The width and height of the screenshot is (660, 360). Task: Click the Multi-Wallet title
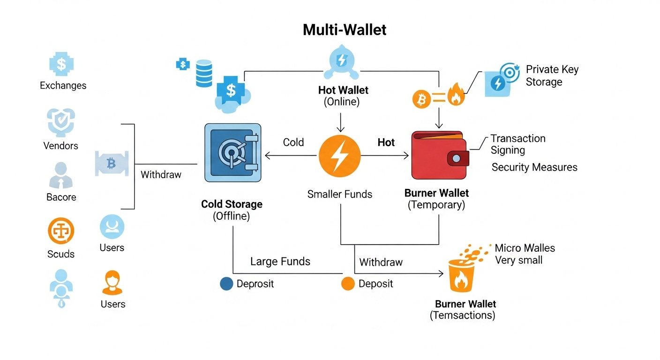[345, 30]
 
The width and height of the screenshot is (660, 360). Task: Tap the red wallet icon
[439, 155]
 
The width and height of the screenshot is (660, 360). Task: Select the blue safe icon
[232, 152]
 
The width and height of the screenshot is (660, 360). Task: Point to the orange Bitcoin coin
[421, 98]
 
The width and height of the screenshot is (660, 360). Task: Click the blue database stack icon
[204, 73]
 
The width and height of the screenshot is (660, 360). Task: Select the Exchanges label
[63, 85]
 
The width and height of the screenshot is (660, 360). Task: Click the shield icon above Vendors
[61, 122]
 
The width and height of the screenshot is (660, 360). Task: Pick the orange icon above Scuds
[61, 231]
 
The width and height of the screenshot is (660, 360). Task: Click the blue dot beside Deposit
[226, 284]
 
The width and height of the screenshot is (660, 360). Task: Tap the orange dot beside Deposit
[348, 284]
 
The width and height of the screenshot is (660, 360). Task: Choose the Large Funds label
[280, 261]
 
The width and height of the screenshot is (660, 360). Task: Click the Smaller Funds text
[339, 194]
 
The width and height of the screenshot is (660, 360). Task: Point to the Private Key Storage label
[552, 75]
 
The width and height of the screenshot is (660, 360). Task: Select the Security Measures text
[534, 167]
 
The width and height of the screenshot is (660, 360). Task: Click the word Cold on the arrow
[293, 142]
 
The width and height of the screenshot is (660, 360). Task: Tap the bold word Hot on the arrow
[386, 142]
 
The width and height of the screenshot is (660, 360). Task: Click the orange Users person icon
[112, 283]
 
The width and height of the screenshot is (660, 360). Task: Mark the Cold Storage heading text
[232, 204]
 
